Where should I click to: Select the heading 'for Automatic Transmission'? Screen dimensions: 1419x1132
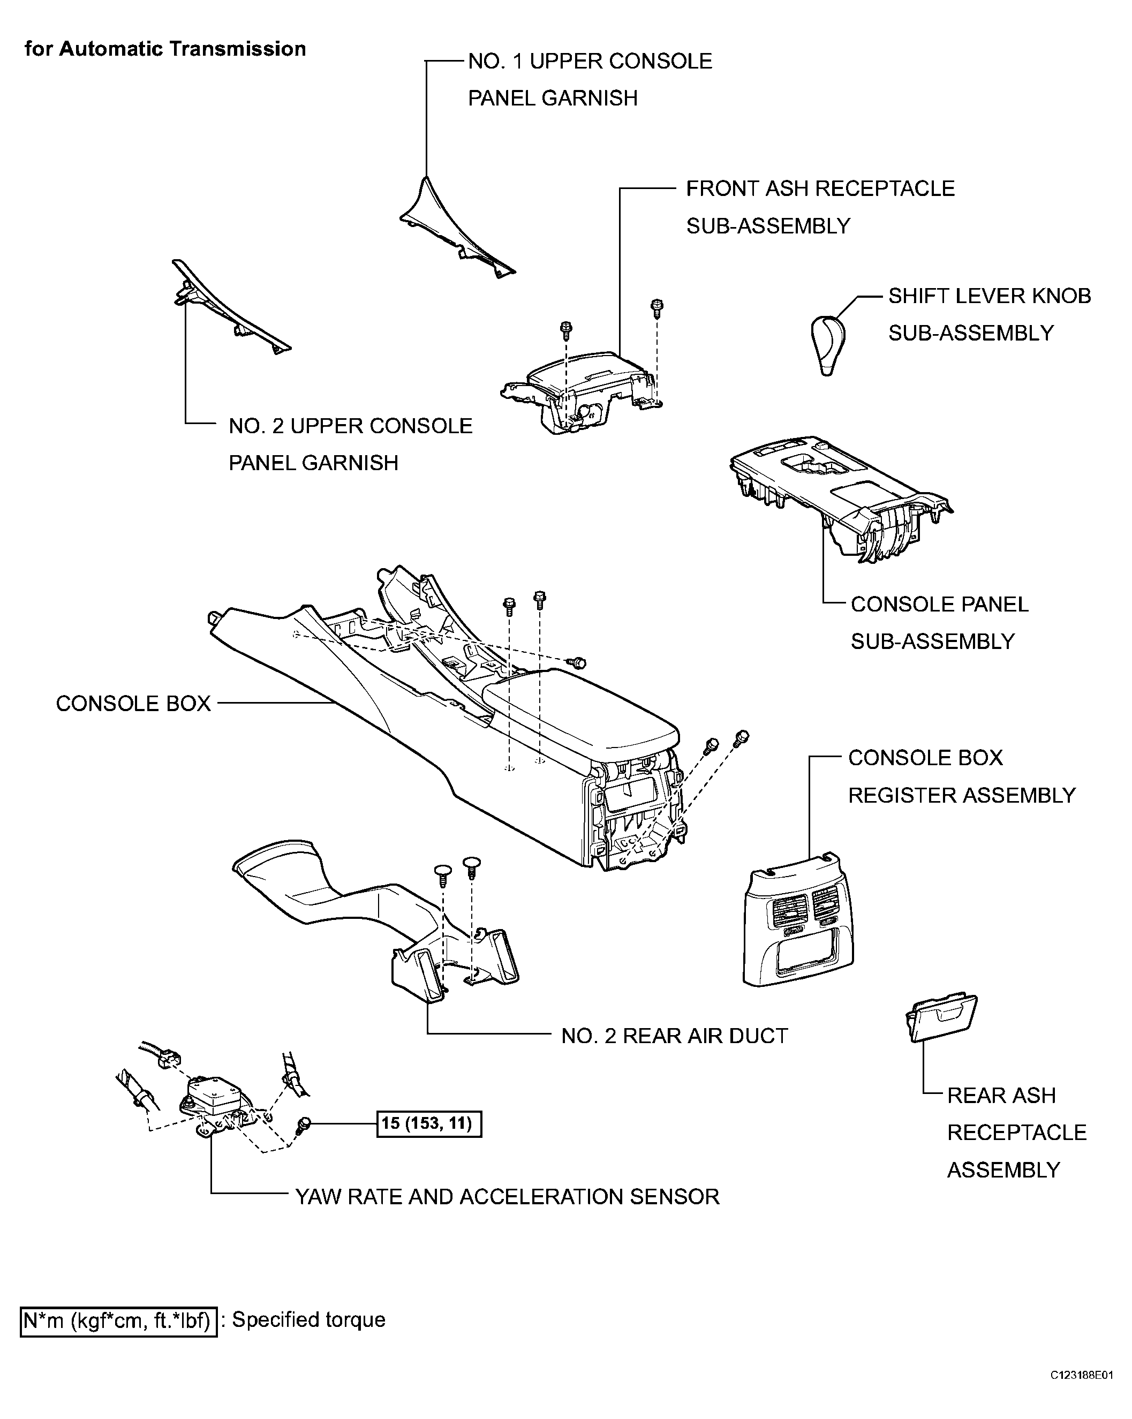tap(165, 49)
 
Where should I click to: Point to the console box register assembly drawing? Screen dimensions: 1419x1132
tap(798, 922)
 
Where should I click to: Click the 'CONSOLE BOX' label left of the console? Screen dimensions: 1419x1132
tap(133, 704)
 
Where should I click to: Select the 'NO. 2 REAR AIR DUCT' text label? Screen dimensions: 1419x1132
tap(674, 1036)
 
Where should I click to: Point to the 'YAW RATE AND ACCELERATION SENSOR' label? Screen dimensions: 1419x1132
tap(507, 1197)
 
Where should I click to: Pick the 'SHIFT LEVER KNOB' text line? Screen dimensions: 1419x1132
tap(989, 296)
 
